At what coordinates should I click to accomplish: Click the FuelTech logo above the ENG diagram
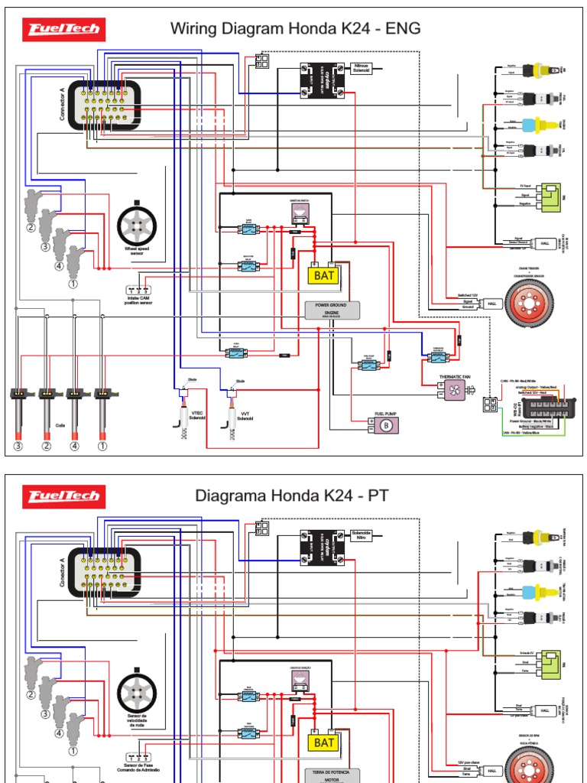[64, 30]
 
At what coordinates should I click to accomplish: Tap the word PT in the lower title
[378, 495]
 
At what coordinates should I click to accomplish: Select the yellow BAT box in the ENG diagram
[324, 275]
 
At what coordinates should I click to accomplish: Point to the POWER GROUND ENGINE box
[331, 309]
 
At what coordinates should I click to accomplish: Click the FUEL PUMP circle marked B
[386, 425]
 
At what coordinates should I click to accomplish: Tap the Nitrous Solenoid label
[362, 69]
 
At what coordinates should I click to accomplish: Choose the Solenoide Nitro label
[361, 534]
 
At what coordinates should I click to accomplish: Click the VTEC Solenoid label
[198, 414]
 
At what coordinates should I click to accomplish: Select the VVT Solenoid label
[245, 415]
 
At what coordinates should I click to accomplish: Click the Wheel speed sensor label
[138, 250]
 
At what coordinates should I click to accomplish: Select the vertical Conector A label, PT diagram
[62, 570]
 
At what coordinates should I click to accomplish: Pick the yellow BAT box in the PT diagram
[324, 742]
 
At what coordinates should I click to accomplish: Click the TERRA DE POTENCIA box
[331, 774]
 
